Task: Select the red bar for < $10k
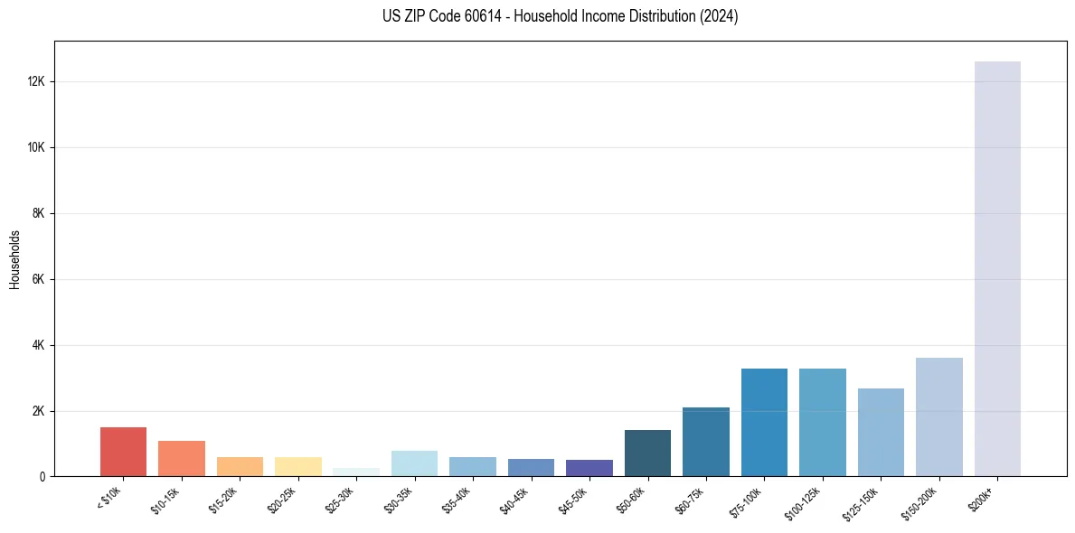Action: [123, 452]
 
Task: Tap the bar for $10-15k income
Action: [182, 459]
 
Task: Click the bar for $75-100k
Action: [764, 422]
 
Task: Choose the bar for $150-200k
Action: [938, 417]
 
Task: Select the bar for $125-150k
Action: [881, 433]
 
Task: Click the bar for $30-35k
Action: [414, 463]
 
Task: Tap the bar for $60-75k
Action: [705, 442]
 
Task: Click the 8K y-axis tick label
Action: [38, 213]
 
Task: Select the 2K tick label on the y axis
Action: [38, 411]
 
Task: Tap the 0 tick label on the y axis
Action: [42, 477]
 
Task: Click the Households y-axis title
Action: [15, 259]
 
